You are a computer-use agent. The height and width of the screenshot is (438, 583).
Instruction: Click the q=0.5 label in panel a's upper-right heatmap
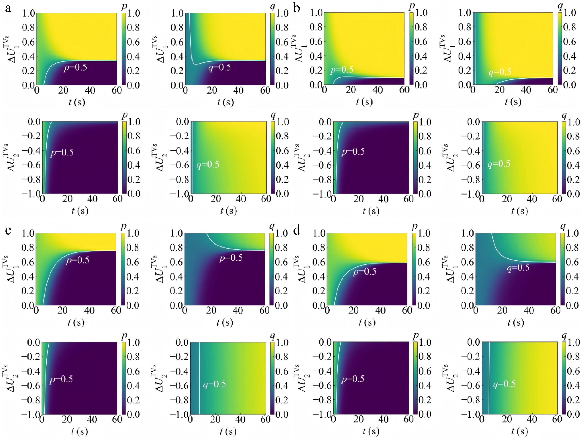point(219,68)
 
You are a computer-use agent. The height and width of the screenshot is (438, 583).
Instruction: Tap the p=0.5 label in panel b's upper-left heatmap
point(342,70)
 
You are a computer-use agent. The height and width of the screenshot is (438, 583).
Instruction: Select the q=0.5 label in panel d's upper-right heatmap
point(518,268)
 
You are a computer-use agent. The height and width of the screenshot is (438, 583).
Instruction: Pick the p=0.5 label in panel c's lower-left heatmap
point(61,379)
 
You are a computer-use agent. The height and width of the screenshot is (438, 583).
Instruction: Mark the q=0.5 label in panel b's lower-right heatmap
point(499,164)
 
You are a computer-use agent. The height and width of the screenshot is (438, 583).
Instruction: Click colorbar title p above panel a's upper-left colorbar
point(124,7)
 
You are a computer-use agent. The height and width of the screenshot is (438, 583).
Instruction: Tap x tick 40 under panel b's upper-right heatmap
point(526,90)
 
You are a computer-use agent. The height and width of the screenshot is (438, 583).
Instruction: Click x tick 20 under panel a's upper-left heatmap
point(63,90)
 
